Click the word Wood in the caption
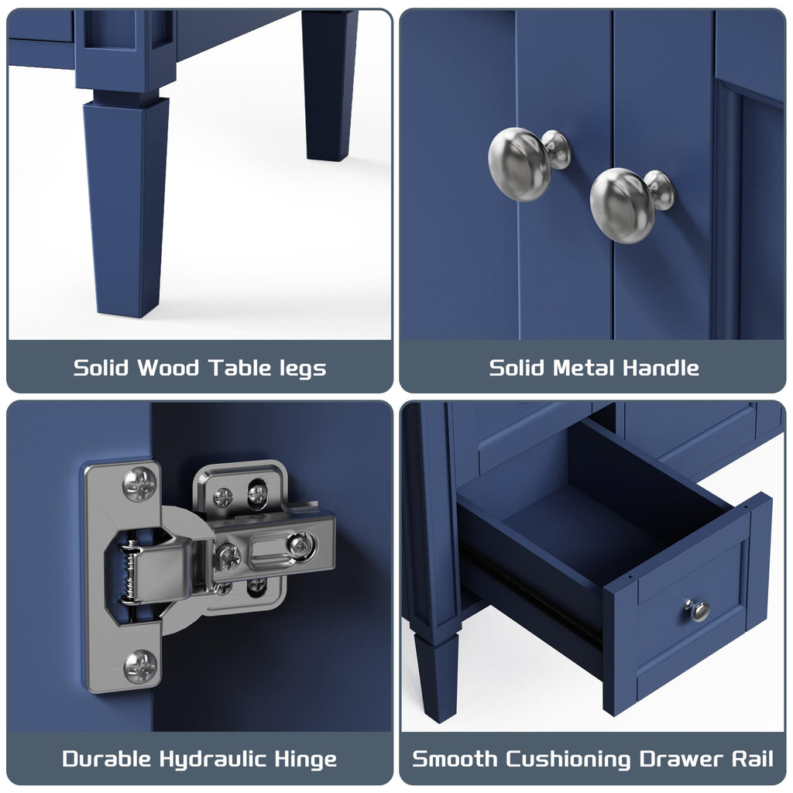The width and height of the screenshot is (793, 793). tap(168, 368)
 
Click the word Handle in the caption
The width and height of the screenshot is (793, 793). tap(661, 368)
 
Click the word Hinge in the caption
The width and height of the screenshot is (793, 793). tap(305, 760)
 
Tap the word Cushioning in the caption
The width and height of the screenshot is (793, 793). tap(568, 760)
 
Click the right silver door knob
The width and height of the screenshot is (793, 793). tap(630, 204)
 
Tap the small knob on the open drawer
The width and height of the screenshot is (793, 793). tap(698, 609)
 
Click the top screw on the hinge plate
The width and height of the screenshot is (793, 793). tap(139, 485)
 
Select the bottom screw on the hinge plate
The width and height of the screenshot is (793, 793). tap(140, 667)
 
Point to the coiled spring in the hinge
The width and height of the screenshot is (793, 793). tap(130, 572)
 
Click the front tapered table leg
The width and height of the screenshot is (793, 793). tap(126, 202)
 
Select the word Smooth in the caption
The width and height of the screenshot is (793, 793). tap(455, 759)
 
